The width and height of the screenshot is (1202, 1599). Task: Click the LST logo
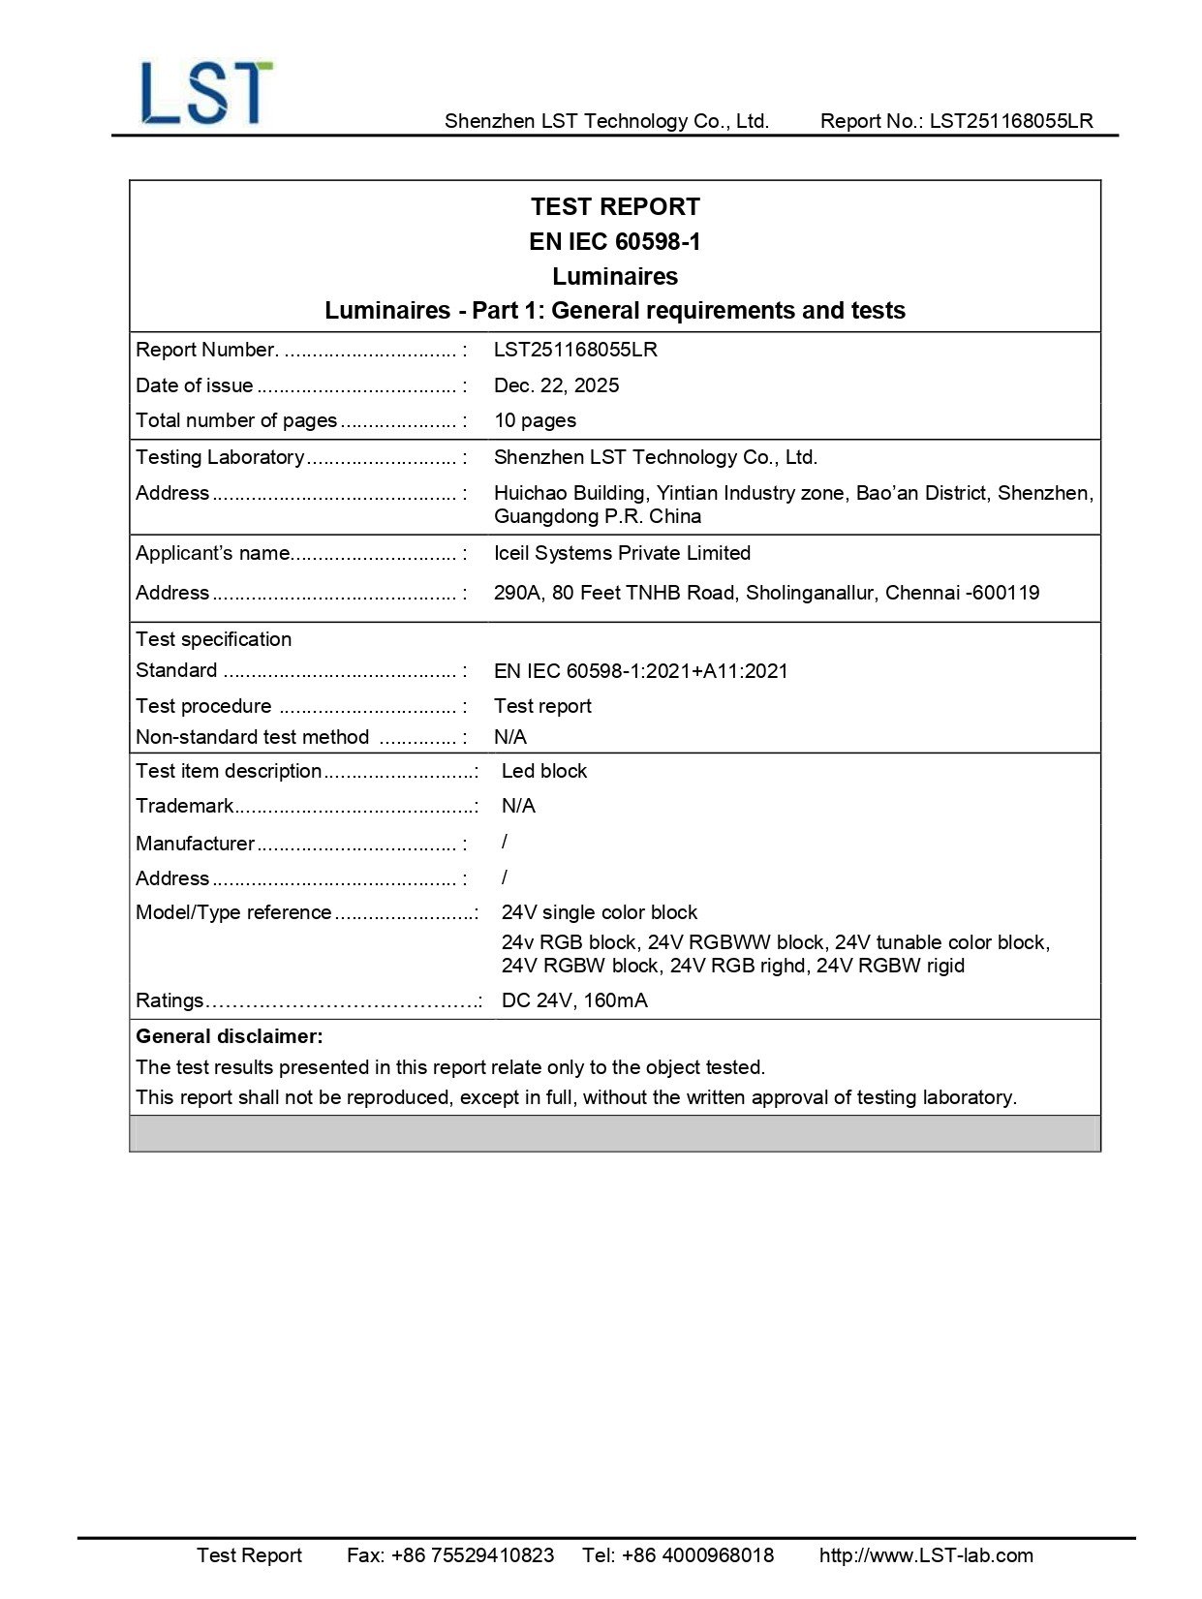coord(206,93)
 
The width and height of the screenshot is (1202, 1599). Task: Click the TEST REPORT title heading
coord(615,206)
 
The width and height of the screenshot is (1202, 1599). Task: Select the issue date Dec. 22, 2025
coord(556,385)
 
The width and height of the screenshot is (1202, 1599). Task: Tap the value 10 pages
coord(535,420)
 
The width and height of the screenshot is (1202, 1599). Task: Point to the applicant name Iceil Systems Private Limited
coord(622,553)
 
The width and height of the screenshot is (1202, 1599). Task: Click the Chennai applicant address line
coord(766,593)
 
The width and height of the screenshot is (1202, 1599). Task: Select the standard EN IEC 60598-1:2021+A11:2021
coord(640,671)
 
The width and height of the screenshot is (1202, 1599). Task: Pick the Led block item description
coord(543,771)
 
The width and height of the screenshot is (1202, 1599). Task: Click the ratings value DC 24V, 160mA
coord(574,1000)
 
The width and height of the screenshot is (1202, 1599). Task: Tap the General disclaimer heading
coord(230,1036)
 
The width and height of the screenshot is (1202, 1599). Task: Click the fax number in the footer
coord(450,1555)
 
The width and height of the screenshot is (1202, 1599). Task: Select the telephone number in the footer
coord(678,1555)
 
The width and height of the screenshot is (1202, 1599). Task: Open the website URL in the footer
coord(926,1555)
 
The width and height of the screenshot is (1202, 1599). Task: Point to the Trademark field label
coord(185,806)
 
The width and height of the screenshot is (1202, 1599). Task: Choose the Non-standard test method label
coord(253,737)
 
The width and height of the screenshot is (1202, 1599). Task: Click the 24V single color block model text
coord(600,912)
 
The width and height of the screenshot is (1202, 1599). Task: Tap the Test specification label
coord(214,639)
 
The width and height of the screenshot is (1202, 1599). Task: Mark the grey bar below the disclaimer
coord(615,1133)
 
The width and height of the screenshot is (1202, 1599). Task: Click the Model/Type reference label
coord(233,912)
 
